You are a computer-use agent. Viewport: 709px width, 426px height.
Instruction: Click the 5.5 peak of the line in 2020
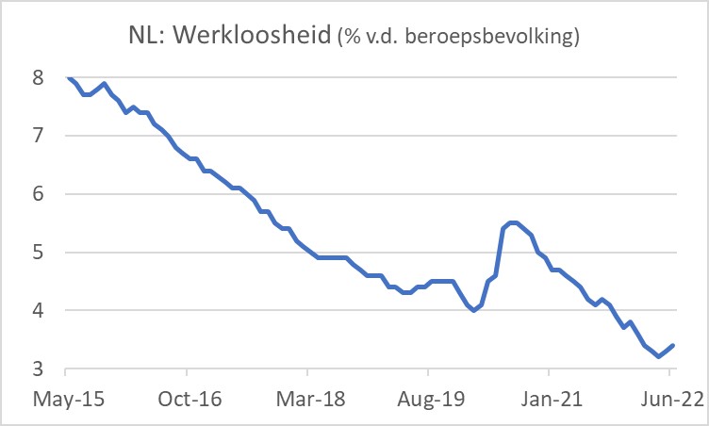pos(512,222)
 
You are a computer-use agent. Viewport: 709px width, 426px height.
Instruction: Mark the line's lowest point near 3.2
pos(658,357)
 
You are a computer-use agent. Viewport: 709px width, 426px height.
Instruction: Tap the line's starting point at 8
pos(69,78)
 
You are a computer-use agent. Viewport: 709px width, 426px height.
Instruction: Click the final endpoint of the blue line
pos(673,346)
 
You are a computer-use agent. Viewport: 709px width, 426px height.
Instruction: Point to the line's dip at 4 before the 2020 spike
pos(473,310)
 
